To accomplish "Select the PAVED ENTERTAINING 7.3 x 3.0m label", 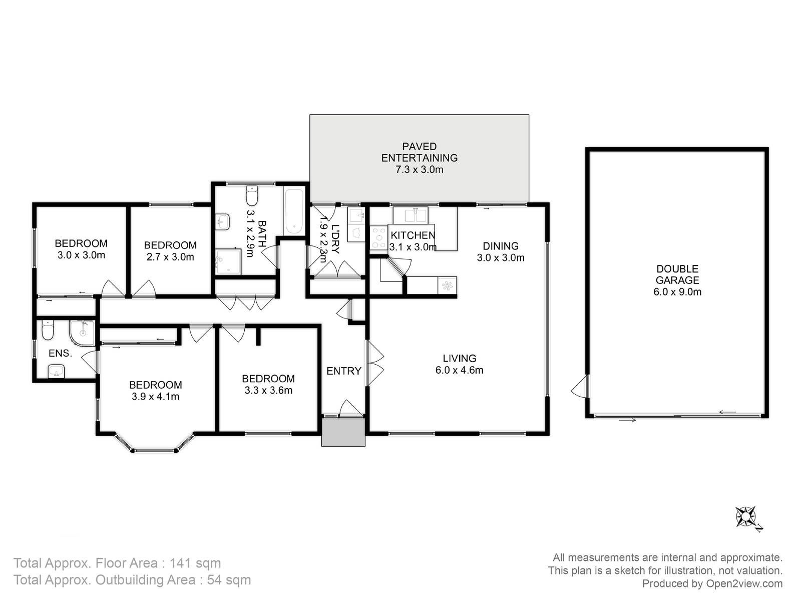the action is pos(420,158).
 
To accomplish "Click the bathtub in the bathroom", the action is pos(294,211).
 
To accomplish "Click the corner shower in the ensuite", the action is pos(83,333).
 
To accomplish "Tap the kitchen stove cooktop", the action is pos(379,238).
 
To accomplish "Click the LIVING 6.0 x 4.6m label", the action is pos(459,364).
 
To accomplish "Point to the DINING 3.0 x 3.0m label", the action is pos(501,251).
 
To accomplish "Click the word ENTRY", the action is pos(344,371).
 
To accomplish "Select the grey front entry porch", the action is pos(343,432).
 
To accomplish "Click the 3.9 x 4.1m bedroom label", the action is pos(156,391).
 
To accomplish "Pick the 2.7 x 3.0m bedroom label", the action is pos(170,251).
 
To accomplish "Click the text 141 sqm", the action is pos(195,563).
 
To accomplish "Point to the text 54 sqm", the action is pos(229,580).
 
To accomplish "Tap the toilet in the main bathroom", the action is pos(252,196).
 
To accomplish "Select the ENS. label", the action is pos(60,353).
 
